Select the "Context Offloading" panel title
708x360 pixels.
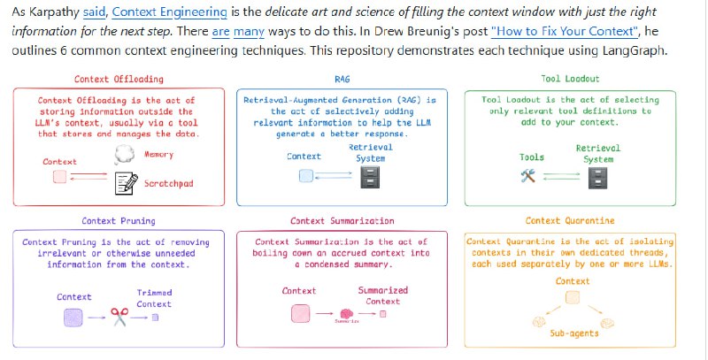point(117,80)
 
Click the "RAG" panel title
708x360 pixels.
point(342,80)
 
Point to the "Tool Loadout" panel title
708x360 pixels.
point(570,80)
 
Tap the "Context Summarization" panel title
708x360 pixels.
point(342,220)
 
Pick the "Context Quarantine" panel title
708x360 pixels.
point(571,220)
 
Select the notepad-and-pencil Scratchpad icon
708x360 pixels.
point(127,183)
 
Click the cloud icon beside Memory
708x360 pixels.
point(123,156)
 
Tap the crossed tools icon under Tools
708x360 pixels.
point(533,176)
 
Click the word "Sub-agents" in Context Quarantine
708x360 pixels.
point(573,333)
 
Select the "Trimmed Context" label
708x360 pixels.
point(154,298)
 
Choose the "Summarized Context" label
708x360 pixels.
point(382,295)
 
